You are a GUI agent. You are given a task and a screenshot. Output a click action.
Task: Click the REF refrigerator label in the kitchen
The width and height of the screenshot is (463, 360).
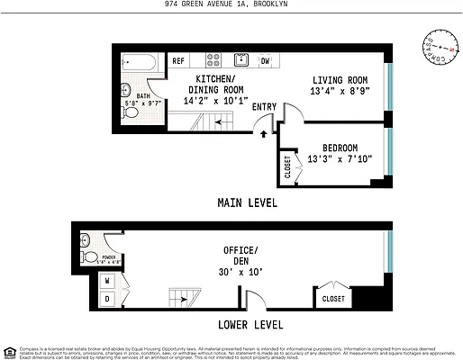point(178,61)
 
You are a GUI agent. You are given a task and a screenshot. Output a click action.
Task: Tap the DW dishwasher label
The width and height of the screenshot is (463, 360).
point(266,61)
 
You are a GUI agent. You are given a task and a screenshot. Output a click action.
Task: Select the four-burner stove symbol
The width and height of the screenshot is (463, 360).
point(213,61)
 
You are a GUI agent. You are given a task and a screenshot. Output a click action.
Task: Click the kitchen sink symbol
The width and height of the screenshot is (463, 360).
point(241,61)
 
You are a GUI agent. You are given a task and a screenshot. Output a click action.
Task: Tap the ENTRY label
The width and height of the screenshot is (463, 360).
point(265,107)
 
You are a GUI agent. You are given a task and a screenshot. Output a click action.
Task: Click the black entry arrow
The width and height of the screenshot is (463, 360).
point(263,134)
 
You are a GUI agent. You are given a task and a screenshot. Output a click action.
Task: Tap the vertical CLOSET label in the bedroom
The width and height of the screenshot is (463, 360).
point(288,168)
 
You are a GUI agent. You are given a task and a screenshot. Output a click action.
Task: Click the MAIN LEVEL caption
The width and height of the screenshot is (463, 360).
point(247,203)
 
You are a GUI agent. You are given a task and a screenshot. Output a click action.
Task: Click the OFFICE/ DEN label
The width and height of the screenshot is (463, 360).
point(241,256)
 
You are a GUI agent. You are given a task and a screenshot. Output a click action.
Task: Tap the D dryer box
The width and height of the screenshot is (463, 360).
point(108,297)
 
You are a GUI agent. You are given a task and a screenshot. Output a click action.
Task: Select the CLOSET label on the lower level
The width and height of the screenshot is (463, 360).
point(333,298)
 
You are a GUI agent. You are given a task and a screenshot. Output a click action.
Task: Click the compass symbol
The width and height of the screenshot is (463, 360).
point(438,45)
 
